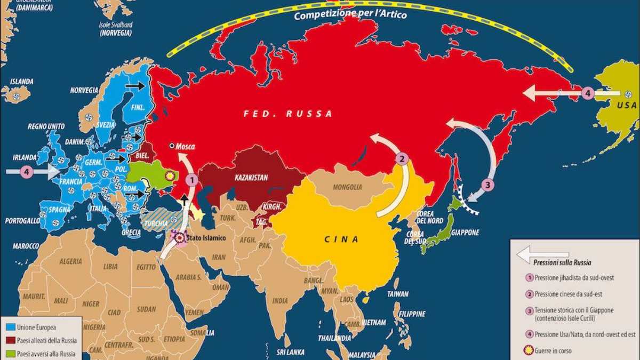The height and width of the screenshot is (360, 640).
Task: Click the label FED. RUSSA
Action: point(288,114)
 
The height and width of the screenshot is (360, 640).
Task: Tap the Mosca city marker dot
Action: point(172,146)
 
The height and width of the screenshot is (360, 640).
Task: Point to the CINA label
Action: point(341,239)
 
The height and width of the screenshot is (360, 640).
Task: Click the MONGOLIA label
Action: point(347,187)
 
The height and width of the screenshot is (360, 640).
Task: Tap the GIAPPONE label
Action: point(465,233)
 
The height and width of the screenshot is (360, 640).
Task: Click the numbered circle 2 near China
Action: point(402,158)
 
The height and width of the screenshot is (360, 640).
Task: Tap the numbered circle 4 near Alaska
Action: point(587,93)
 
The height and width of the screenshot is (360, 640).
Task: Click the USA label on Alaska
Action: point(627,106)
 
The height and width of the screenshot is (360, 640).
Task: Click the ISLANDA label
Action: point(21,82)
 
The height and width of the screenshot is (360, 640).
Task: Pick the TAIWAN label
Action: point(398,294)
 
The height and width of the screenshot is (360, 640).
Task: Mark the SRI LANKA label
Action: point(290,353)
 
